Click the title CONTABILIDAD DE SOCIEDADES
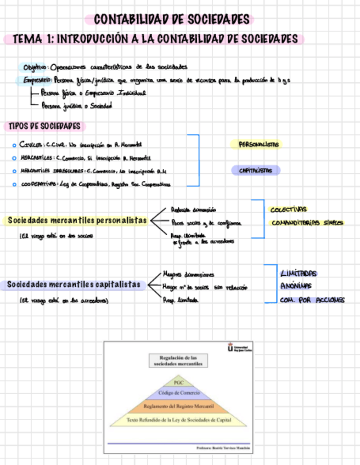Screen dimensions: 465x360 [x=172, y=20]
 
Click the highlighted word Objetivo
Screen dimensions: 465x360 [x=35, y=67]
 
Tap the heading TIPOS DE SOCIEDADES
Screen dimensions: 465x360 [x=44, y=126]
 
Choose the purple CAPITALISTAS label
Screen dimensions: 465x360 [x=256, y=171]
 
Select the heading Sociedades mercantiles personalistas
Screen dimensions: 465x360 [x=77, y=220]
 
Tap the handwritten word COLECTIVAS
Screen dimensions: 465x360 [x=289, y=209]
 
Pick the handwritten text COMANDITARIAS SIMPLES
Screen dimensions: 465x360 [x=307, y=223]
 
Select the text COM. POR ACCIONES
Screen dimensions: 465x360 [x=312, y=300]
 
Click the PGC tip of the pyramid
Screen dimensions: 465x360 [x=178, y=382]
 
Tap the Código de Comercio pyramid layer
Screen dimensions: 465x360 [x=178, y=393]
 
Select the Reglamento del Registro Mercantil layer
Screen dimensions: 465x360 [x=178, y=406]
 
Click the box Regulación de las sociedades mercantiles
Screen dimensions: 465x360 [x=178, y=360]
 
